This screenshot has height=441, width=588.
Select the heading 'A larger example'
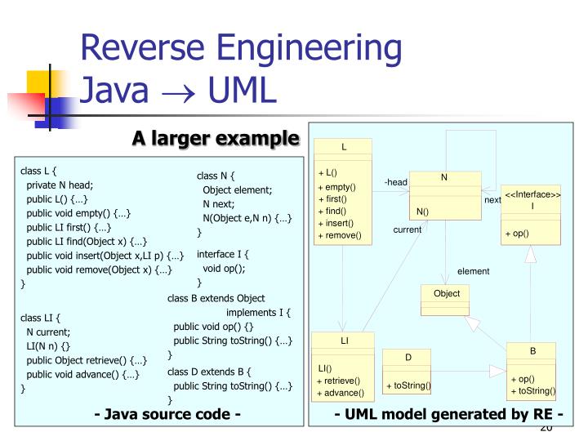coord(216,139)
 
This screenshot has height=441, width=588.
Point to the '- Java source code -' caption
coord(167,414)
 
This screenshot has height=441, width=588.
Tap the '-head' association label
coord(395,182)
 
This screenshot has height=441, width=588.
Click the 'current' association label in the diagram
coord(407,230)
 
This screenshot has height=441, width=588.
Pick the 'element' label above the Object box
coord(473,271)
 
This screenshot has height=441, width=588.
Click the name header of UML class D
coord(408,358)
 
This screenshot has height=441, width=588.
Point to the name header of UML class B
coord(532,351)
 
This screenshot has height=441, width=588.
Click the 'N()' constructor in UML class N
coord(423,212)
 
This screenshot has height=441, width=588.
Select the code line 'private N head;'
coord(60,185)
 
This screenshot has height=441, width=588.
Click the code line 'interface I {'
coord(223,254)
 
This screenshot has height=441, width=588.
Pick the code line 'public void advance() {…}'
coord(82,374)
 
